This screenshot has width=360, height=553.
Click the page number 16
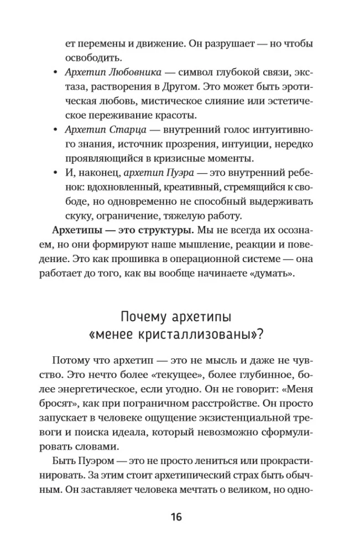click(176, 517)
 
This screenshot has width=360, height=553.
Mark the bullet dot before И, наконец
click(54, 174)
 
